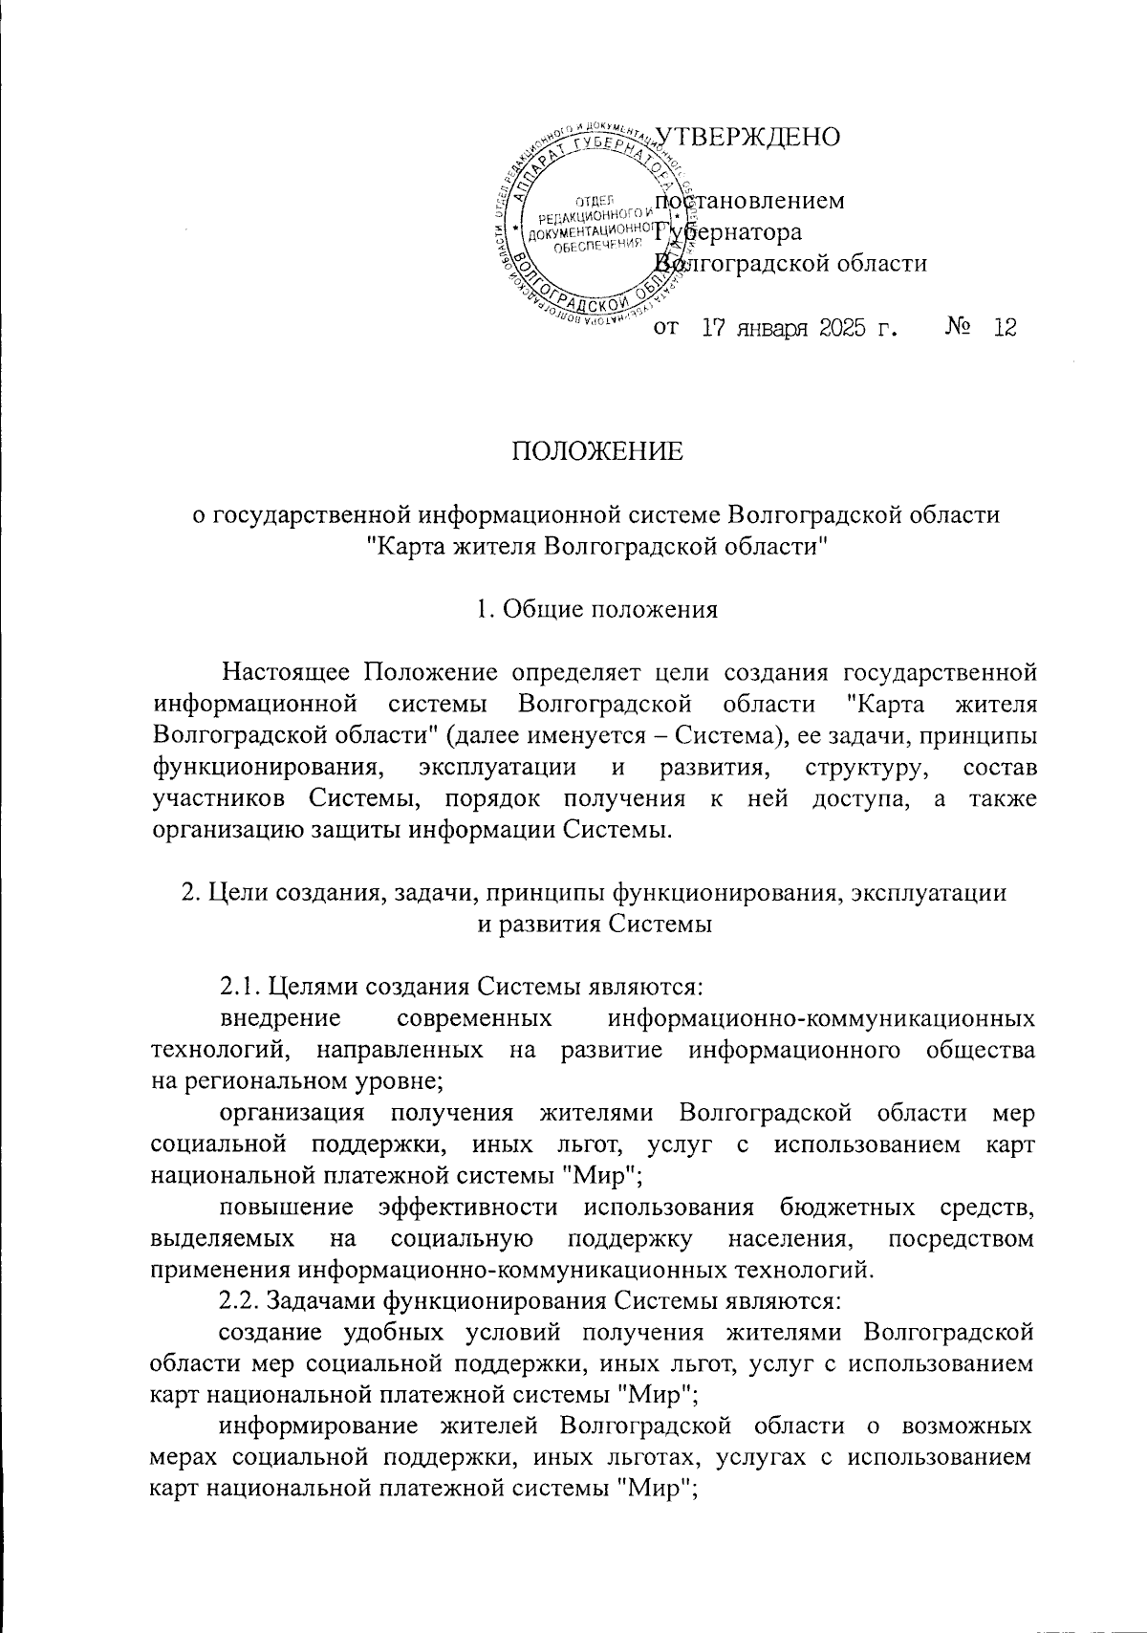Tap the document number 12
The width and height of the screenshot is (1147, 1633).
point(1005,328)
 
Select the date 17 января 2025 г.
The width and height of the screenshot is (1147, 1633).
point(801,328)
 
